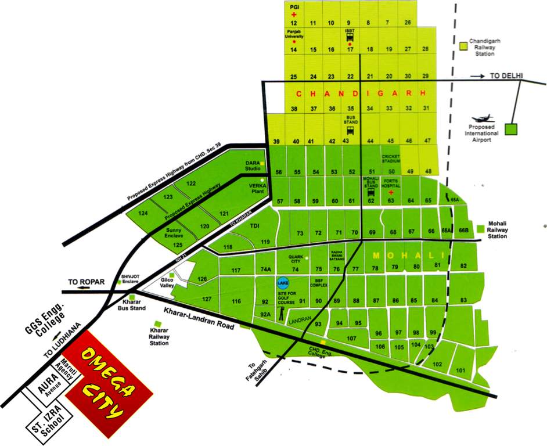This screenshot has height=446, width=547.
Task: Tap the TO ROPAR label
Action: coord(87,282)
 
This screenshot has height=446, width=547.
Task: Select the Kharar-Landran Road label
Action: coord(199,319)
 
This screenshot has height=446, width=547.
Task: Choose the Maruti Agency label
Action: coord(65,367)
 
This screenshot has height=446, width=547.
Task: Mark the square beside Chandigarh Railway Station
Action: coord(463,44)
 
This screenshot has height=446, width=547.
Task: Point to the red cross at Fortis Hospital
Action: coord(391,191)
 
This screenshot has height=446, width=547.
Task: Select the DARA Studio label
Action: coord(252,165)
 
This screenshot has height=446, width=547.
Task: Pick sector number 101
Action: coord(462,370)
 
